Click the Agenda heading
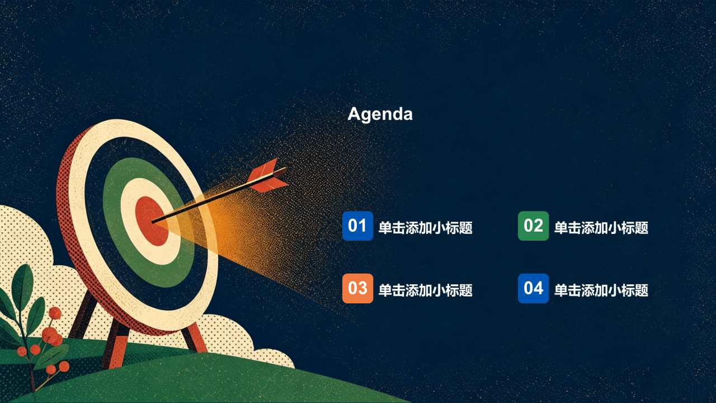point(380,114)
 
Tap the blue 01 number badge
point(357,226)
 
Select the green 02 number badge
point(533,226)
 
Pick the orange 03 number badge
point(357,288)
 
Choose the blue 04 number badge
point(533,288)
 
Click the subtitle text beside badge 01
point(426,228)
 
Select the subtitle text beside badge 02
point(601,228)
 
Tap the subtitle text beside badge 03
point(426,290)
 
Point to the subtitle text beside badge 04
point(601,290)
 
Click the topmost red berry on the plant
point(55,313)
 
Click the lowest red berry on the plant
point(51,370)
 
